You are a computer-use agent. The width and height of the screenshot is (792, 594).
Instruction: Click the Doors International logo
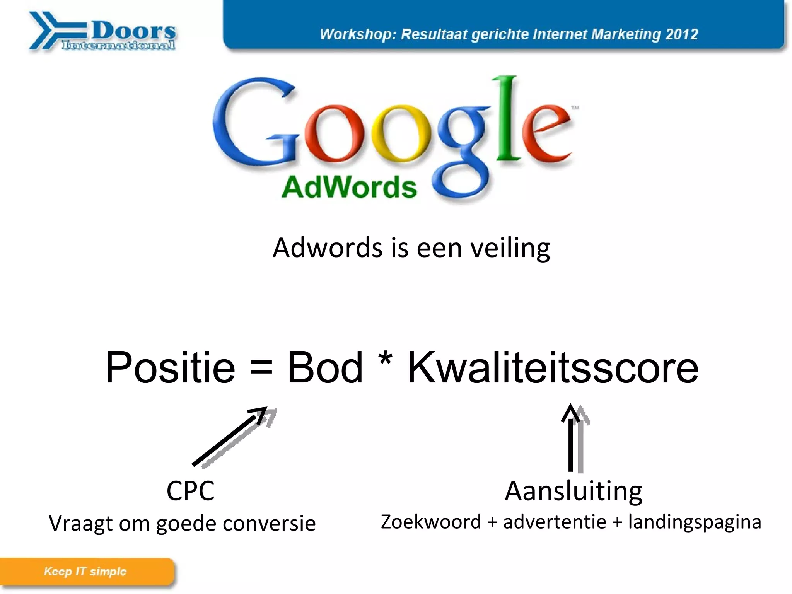[102, 31]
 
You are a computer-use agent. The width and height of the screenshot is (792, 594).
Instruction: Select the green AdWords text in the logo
[349, 188]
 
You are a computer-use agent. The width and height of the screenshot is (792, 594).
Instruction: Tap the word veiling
[510, 248]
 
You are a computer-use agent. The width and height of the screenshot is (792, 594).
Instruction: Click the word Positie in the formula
[170, 367]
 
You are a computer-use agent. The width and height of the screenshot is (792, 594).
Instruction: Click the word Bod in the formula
[325, 367]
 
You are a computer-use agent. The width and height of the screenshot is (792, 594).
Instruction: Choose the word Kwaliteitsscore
[553, 367]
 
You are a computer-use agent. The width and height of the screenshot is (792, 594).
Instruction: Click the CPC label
[190, 491]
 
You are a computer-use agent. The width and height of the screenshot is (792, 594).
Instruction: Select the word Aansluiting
[574, 491]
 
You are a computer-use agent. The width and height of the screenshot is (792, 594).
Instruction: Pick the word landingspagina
[695, 522]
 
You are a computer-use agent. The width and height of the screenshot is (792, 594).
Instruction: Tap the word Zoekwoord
[431, 522]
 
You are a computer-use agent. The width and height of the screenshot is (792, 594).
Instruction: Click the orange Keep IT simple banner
[86, 572]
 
